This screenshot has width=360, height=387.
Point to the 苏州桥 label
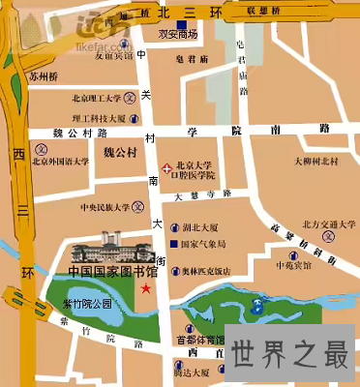pos(44,74)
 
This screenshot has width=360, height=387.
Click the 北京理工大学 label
pos(96,98)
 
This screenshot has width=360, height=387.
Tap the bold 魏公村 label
pos(122,152)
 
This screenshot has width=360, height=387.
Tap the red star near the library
pos(146,288)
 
